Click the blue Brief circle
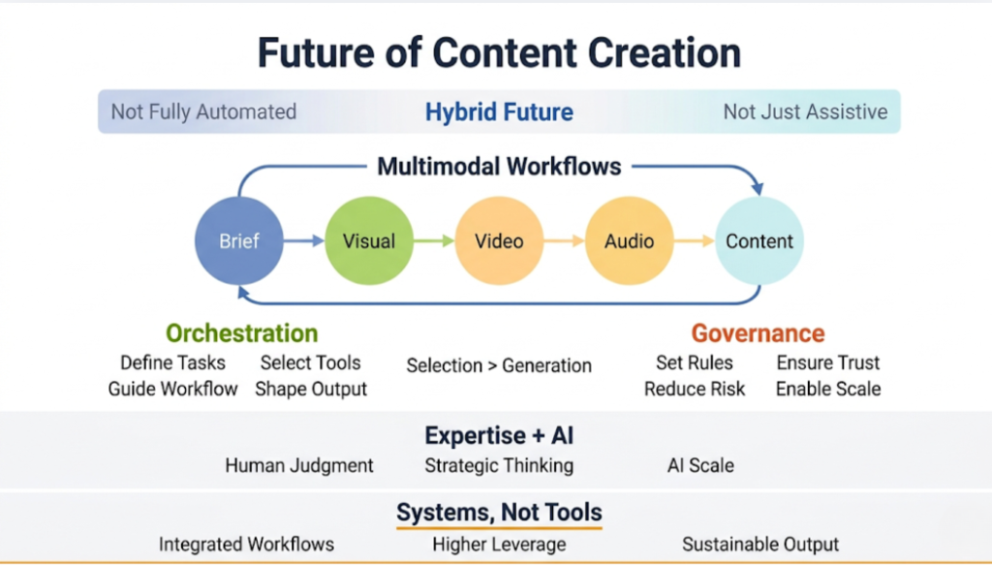[238, 241]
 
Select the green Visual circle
[368, 241]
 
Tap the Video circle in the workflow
[498, 241]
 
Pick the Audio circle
[629, 241]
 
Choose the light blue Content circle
[759, 241]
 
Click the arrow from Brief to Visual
[303, 241]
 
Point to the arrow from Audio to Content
[694, 241]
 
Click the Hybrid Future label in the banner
[499, 111]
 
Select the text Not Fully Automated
[203, 111]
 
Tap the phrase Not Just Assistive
[805, 111]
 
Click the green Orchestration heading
[241, 333]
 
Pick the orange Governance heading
[758, 333]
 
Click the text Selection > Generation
[499, 365]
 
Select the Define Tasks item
[172, 362]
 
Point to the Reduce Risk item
[695, 389]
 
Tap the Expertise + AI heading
[499, 435]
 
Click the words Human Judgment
[299, 465]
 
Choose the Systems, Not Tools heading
[499, 512]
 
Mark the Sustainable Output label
[760, 544]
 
